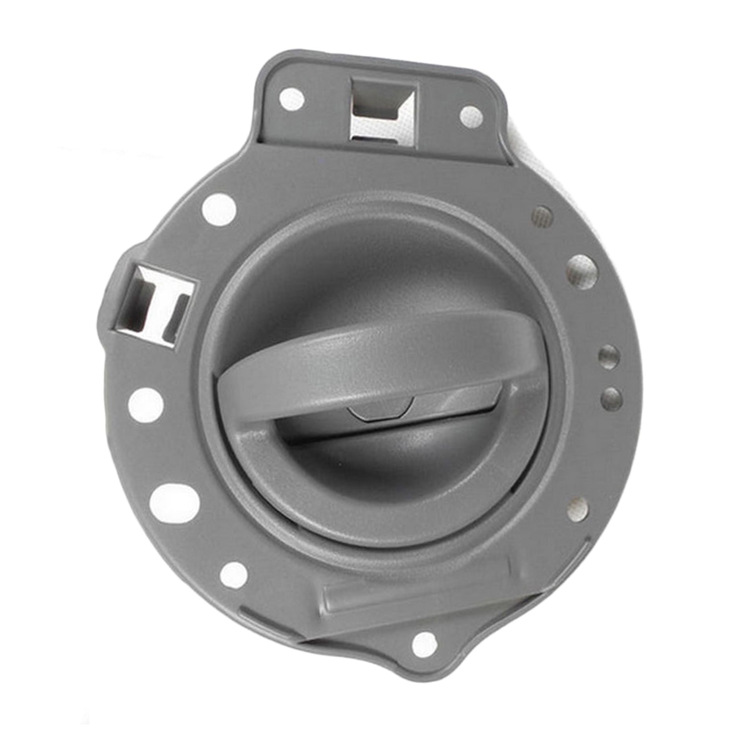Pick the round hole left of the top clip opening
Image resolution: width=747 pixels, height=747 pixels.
coord(292,99)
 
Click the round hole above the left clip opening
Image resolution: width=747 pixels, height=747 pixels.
coord(219,210)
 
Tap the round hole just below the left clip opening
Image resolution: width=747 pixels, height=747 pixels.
coord(146,405)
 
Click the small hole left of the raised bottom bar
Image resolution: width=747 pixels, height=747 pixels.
coord(234,575)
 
